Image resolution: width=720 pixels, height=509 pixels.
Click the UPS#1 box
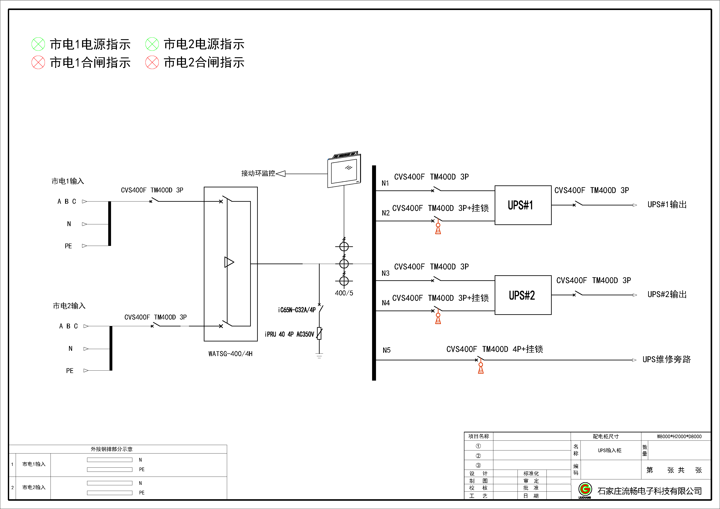(523, 205)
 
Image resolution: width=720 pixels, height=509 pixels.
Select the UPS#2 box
(523, 295)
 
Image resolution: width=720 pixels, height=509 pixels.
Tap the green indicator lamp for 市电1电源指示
(38, 44)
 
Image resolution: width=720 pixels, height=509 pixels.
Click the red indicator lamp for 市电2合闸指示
(152, 62)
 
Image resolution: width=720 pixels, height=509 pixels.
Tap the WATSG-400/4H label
(230, 354)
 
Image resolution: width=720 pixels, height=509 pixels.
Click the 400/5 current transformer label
(344, 293)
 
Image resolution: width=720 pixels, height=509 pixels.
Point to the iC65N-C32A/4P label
(297, 310)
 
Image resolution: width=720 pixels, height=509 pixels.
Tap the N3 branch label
(385, 273)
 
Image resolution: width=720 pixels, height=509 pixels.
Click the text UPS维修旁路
(666, 359)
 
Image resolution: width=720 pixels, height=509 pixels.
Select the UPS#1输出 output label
(667, 205)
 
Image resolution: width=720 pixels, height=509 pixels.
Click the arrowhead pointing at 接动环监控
(281, 174)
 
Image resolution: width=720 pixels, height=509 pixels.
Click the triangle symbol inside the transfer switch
(229, 262)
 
